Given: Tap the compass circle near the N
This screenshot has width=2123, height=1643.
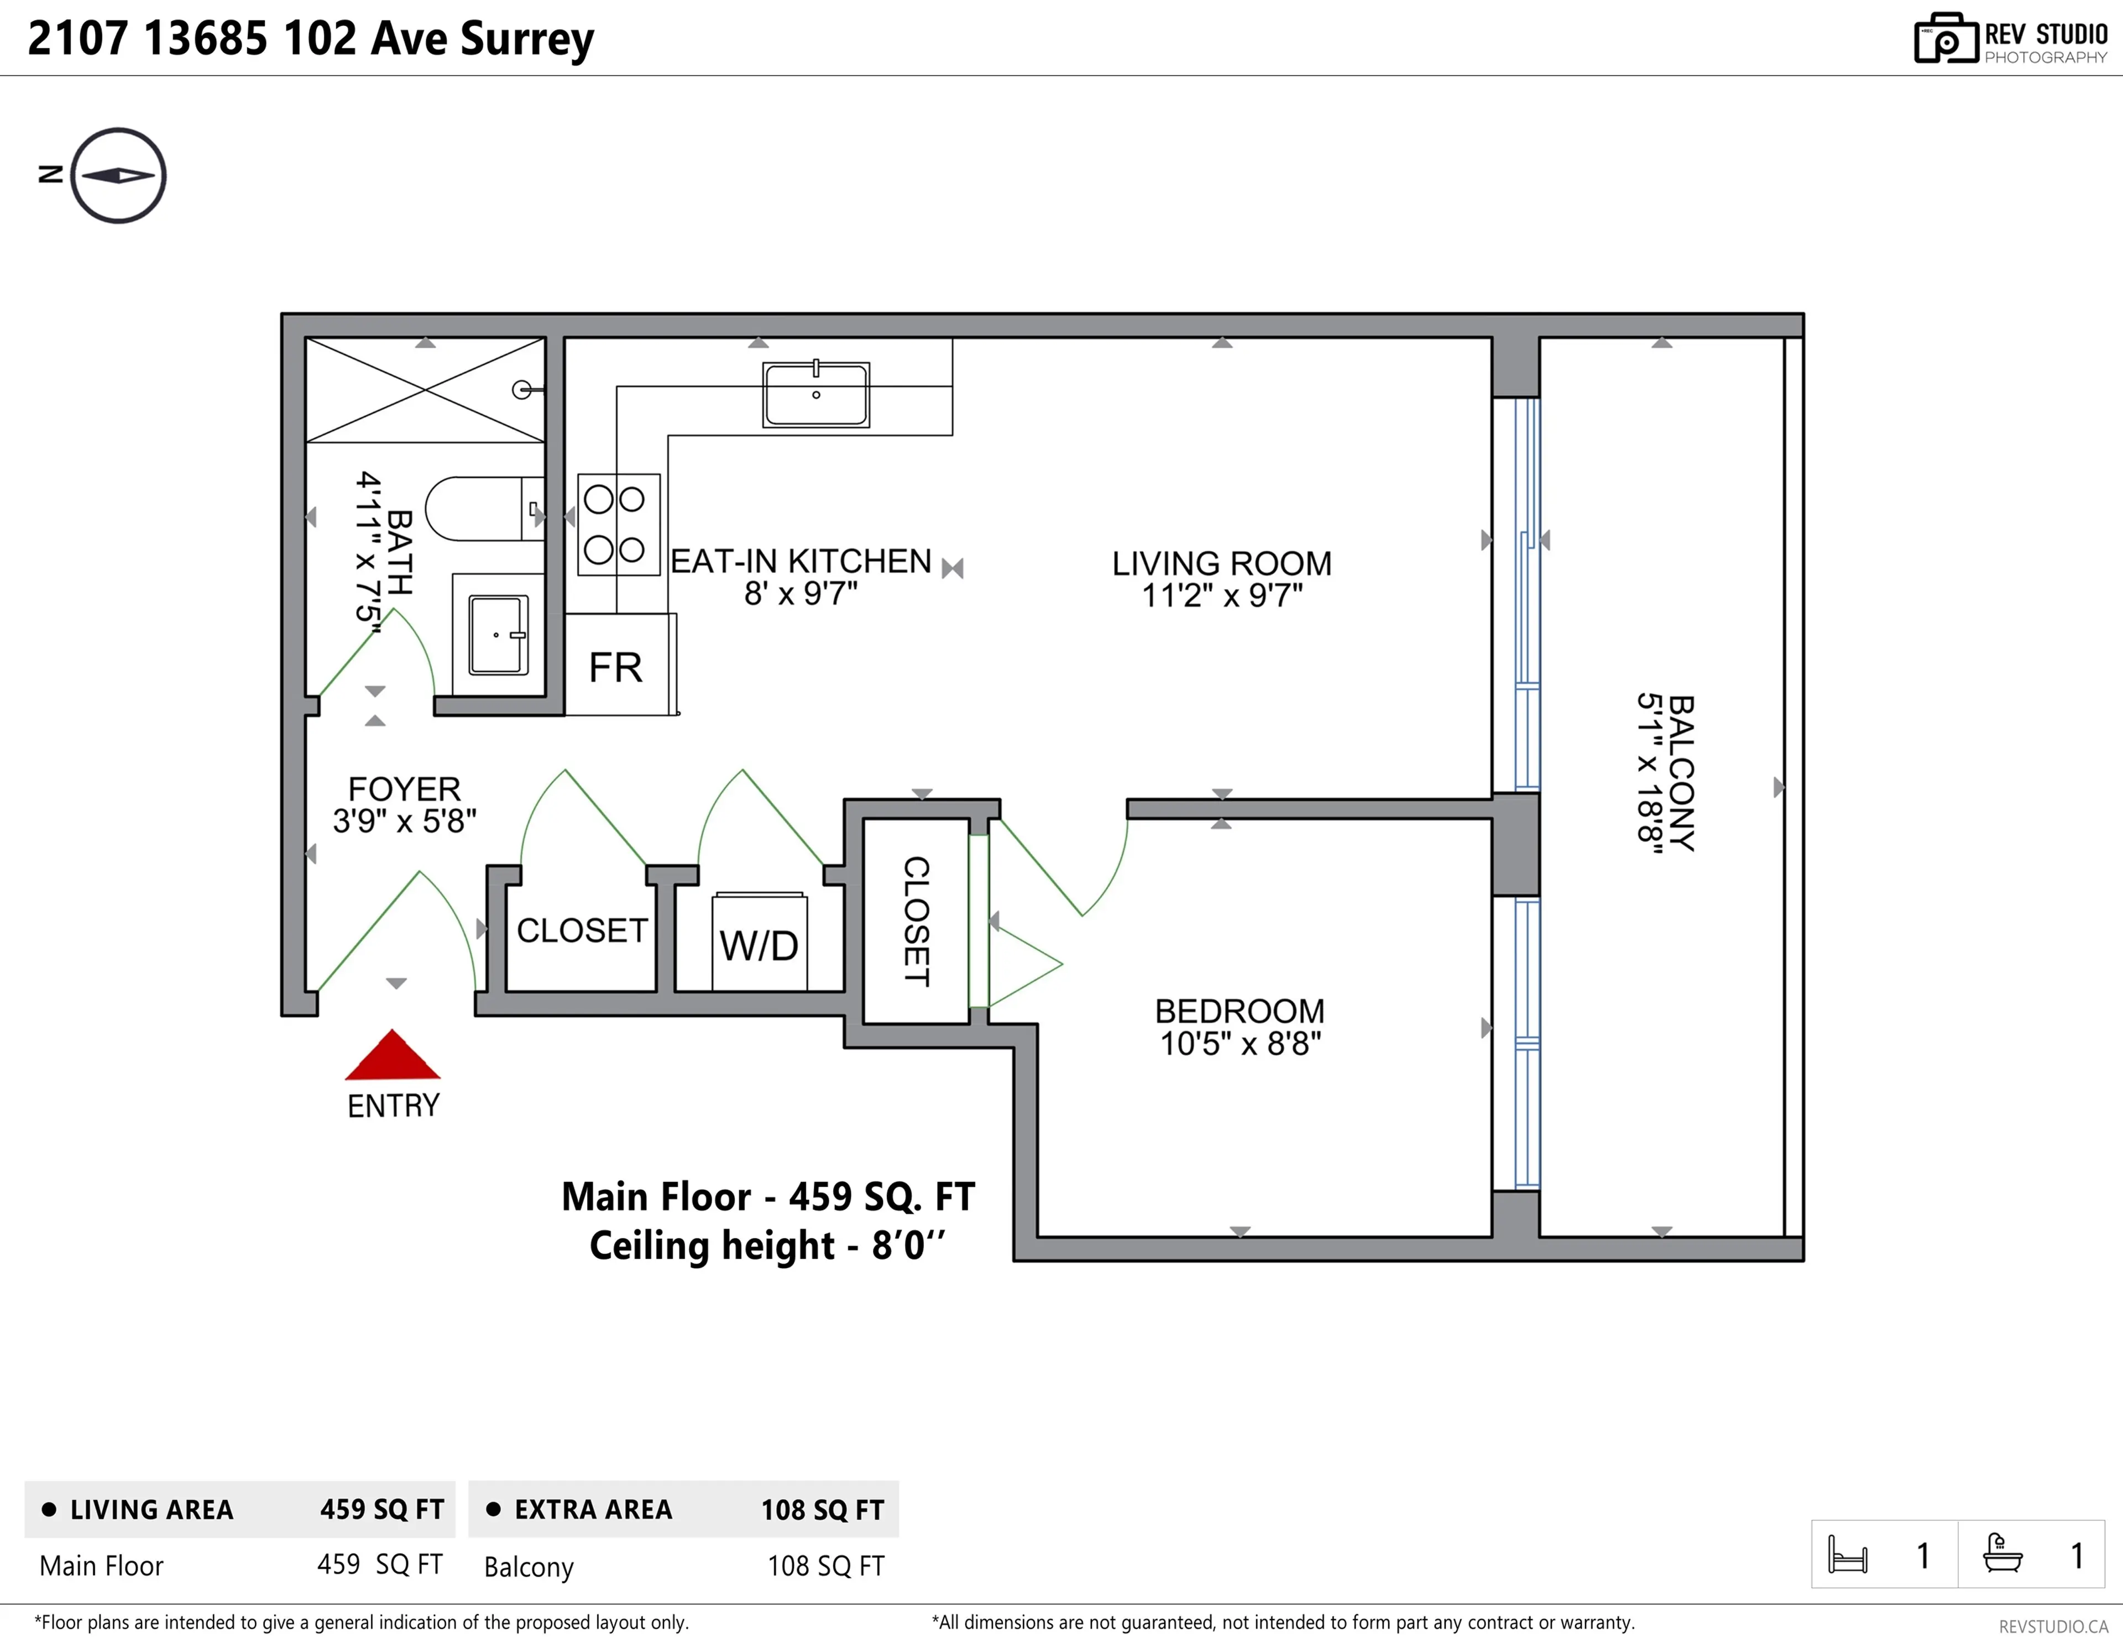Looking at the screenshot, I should (x=119, y=176).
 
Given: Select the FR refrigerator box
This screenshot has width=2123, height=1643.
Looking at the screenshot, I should (x=617, y=667).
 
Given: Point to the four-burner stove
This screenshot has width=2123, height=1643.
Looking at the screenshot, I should (x=618, y=525).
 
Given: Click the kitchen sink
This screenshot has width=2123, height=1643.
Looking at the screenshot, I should (x=815, y=395).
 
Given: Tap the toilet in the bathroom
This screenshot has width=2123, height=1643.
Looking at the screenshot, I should (x=481, y=509).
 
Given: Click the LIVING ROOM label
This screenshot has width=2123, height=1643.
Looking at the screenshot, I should (x=1222, y=564).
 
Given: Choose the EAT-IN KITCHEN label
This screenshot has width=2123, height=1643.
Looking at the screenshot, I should (x=801, y=561).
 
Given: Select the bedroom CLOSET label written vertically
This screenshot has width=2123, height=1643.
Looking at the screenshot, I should (x=916, y=920).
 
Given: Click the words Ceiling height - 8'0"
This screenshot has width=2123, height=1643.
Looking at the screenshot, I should (x=767, y=1246).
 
